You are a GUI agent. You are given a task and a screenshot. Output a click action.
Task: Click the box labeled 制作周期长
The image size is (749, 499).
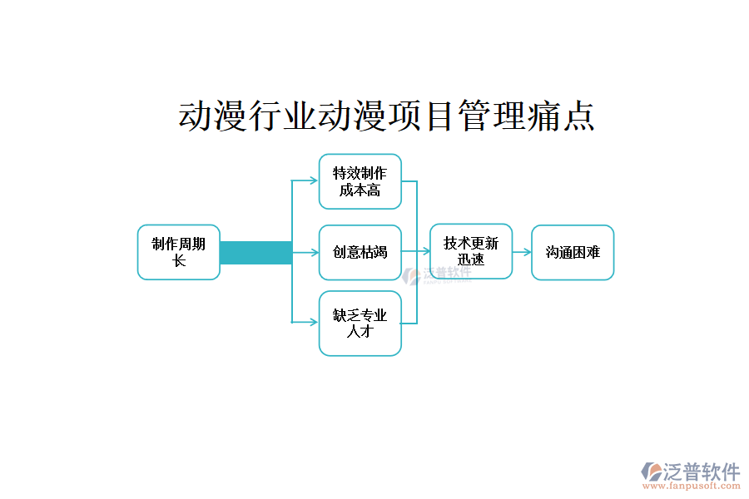[x=178, y=252]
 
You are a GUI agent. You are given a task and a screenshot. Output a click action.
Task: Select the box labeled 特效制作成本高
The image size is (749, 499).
[x=360, y=181]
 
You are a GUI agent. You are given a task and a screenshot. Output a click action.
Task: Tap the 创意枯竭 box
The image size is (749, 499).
[x=360, y=252]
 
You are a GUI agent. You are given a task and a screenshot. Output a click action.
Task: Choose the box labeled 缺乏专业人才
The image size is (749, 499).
[x=360, y=323]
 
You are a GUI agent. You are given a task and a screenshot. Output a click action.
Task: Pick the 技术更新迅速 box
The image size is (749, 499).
[x=470, y=251]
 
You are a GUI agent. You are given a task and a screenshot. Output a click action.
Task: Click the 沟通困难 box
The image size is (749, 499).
[x=573, y=252]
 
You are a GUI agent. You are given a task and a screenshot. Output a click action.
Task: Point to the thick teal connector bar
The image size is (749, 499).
[x=255, y=252]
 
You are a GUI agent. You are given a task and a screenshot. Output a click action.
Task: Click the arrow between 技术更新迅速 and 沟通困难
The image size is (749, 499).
[x=522, y=252]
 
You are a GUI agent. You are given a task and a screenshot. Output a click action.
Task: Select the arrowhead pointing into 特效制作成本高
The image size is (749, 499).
[x=314, y=180]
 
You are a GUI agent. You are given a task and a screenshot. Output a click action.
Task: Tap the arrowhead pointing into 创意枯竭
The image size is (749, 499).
[x=314, y=252]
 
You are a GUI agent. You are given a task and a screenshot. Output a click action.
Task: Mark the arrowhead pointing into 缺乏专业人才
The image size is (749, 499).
[x=314, y=322]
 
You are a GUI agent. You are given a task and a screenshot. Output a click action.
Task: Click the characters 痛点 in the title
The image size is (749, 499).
[x=561, y=116]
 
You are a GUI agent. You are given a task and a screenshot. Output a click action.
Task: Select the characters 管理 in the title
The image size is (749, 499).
[x=491, y=116]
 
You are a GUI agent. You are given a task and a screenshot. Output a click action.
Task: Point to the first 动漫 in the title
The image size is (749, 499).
[x=213, y=116]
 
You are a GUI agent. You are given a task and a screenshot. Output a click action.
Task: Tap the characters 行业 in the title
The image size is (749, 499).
[x=282, y=116]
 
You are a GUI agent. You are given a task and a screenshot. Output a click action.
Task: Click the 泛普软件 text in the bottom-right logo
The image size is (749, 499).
[x=702, y=472]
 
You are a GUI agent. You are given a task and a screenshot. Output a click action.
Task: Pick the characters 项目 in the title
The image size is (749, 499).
[x=422, y=116]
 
